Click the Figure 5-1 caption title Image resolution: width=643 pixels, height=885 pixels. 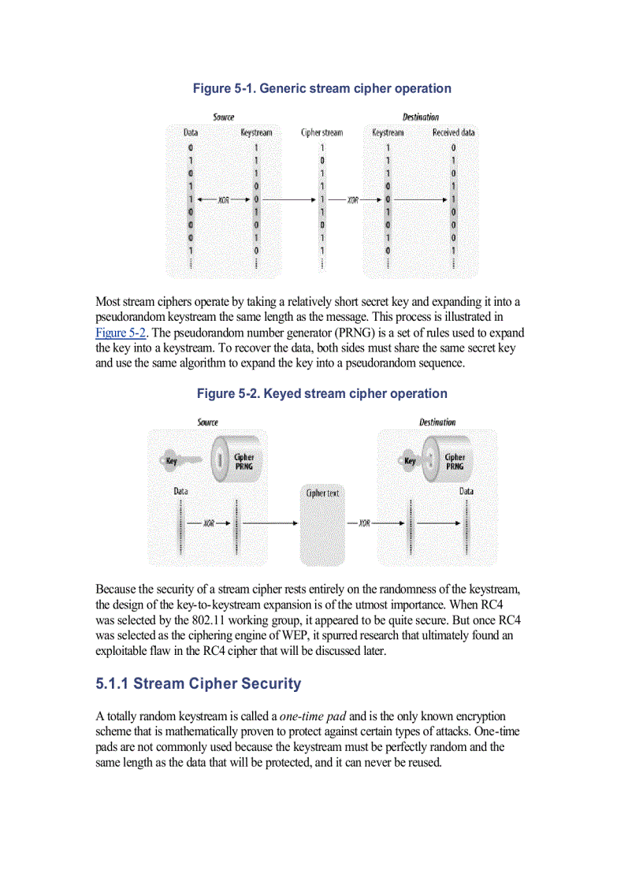(x=321, y=88)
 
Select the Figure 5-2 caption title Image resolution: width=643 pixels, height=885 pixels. (x=321, y=393)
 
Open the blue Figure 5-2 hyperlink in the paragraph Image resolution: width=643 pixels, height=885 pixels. (x=121, y=332)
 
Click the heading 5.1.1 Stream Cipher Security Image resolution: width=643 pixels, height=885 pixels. (x=198, y=683)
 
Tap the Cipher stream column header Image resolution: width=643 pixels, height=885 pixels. (x=321, y=132)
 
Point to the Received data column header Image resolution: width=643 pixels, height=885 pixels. (x=453, y=132)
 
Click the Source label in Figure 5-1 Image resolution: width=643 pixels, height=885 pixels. (x=223, y=117)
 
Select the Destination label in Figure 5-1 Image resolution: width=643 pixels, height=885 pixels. (x=421, y=117)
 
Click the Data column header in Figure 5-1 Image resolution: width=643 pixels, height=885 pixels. (x=191, y=132)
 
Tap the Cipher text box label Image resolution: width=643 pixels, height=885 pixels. (x=322, y=493)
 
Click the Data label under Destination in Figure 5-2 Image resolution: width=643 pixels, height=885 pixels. (x=466, y=491)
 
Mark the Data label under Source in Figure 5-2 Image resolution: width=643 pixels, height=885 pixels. (x=181, y=491)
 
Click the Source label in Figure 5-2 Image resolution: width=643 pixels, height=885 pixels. (x=208, y=422)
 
